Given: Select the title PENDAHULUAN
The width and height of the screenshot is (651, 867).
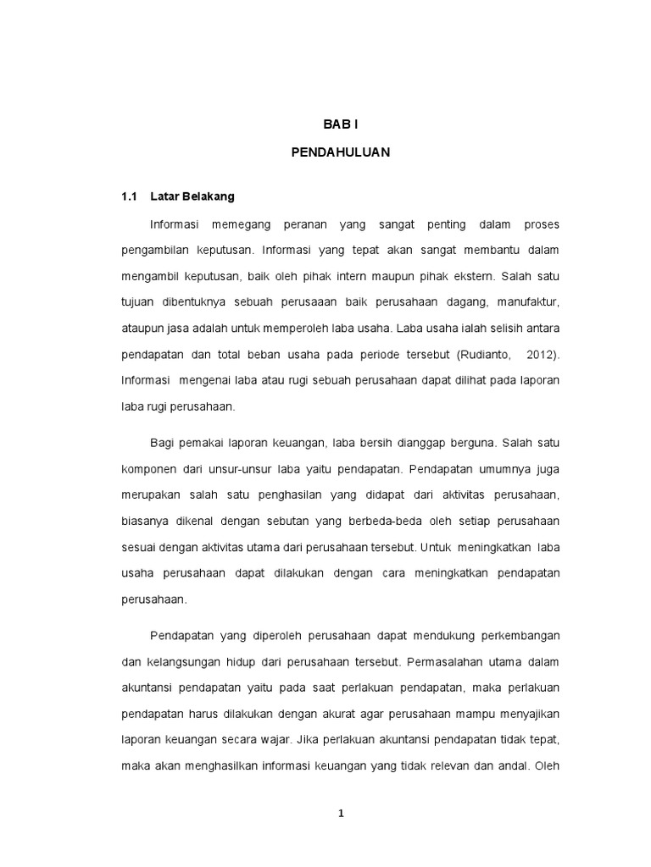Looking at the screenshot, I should coord(340,156).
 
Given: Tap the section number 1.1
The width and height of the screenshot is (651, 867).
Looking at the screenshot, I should coord(129,196).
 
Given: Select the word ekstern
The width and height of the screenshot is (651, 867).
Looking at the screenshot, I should coord(476,274).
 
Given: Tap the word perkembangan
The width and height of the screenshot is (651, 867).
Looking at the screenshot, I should coord(518,636).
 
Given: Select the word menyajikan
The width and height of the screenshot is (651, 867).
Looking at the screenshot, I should coord(526,713).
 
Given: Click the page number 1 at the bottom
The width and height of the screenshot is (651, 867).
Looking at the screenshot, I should coord(341,815).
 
